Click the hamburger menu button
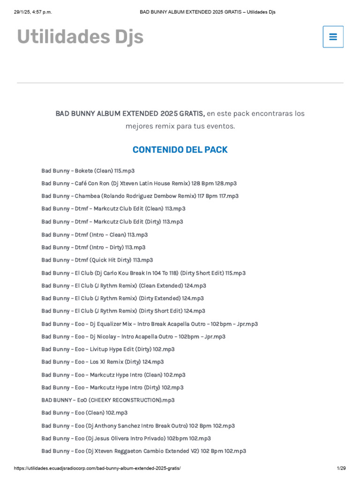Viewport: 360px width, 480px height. click(333, 37)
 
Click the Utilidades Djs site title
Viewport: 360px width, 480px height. click(80, 37)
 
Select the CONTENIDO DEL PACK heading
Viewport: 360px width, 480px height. click(180, 150)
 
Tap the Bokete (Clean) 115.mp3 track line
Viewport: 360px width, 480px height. click(88, 171)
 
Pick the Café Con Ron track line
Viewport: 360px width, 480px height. click(139, 183)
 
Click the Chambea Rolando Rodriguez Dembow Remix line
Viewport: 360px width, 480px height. click(140, 196)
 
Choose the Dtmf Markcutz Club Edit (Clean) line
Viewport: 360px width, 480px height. click(113, 209)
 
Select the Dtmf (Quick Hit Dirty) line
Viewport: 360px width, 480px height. click(97, 260)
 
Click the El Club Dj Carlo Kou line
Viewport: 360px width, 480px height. click(143, 273)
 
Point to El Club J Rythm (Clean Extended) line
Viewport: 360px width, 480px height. click(123, 285)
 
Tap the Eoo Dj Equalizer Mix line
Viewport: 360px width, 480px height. click(149, 324)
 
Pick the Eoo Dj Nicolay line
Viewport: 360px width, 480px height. click(133, 337)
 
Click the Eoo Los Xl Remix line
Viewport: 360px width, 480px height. click(102, 362)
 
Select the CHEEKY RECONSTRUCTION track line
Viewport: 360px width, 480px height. click(108, 400)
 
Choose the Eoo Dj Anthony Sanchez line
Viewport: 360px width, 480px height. click(138, 426)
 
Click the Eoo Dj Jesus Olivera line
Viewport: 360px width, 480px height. click(126, 438)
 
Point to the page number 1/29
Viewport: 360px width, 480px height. click(341, 468)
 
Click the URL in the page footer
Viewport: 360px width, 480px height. click(97, 468)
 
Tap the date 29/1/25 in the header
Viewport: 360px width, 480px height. click(24, 12)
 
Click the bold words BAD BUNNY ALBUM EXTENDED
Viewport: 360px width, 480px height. click(107, 113)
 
